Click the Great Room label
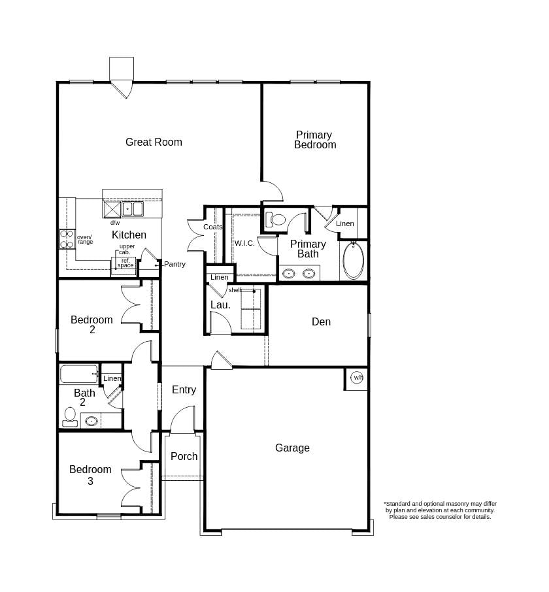154,142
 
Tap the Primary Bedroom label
315,140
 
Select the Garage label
292,448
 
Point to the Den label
321,321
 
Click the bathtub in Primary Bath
354,261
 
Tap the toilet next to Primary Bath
276,220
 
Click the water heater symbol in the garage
357,378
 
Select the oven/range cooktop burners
67,239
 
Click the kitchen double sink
132,209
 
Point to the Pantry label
175,264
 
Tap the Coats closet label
212,227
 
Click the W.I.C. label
244,243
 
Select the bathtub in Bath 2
79,374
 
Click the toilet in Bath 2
70,417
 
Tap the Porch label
184,457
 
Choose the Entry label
184,389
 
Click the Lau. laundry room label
220,305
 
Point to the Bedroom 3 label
90,475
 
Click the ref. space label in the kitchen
125,263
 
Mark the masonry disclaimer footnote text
441,510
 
